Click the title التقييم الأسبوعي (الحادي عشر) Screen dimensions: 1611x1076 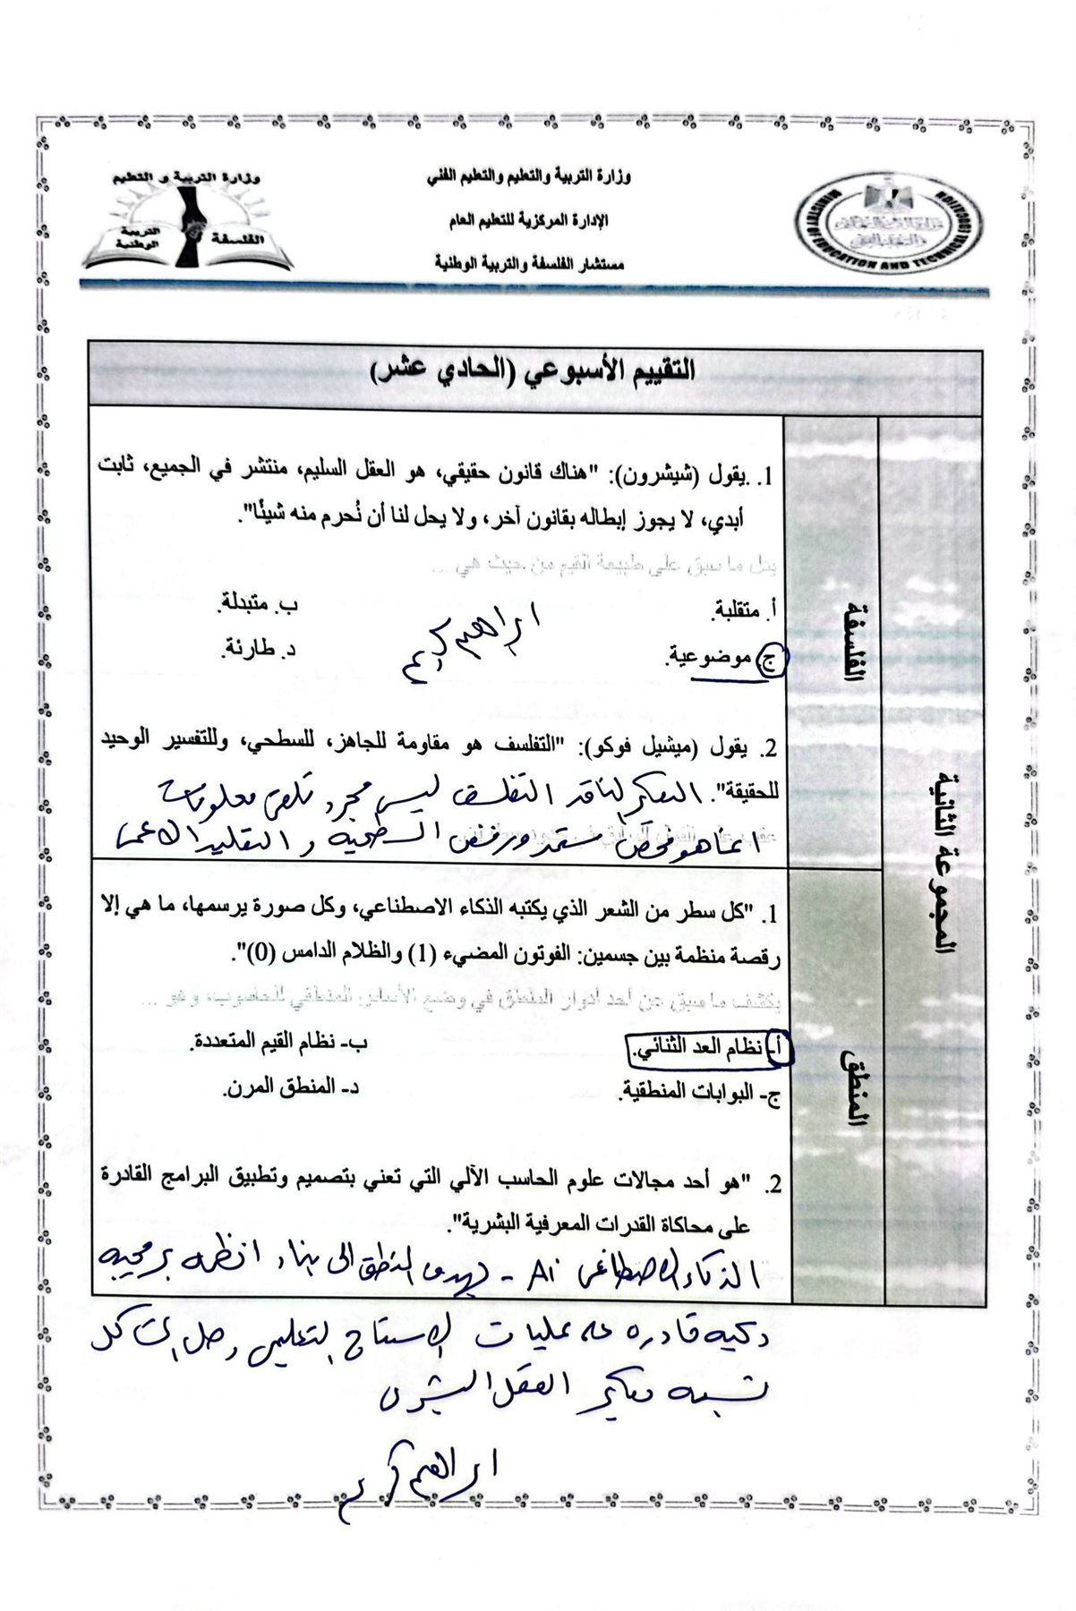point(534,370)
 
